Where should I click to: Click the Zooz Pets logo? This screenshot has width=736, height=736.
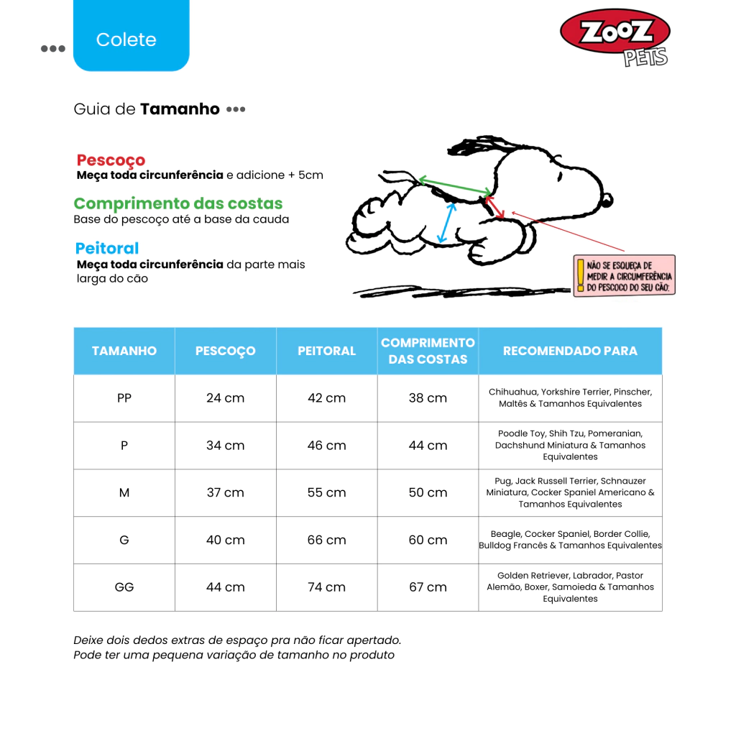coord(615,36)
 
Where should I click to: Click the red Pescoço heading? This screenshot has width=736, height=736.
coord(111,160)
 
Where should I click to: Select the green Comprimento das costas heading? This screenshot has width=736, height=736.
coord(178,203)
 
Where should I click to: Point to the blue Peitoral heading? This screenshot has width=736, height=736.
coord(107,248)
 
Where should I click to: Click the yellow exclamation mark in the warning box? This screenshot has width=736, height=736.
coord(580,275)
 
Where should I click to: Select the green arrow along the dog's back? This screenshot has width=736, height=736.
coord(454,185)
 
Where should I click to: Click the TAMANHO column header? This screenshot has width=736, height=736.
coord(124,351)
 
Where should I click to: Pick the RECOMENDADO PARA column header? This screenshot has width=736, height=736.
coord(570,351)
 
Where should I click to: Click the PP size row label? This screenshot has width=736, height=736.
coord(124,397)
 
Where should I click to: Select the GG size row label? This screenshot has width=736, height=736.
coord(124,587)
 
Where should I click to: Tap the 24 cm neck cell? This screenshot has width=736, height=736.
coord(225,397)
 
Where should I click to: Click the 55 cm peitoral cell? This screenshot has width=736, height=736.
coord(326,492)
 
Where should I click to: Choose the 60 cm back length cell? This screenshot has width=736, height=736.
coord(428,540)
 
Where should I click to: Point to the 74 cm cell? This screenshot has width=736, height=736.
coord(326,587)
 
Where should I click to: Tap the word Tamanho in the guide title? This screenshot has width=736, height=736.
coord(180,109)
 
